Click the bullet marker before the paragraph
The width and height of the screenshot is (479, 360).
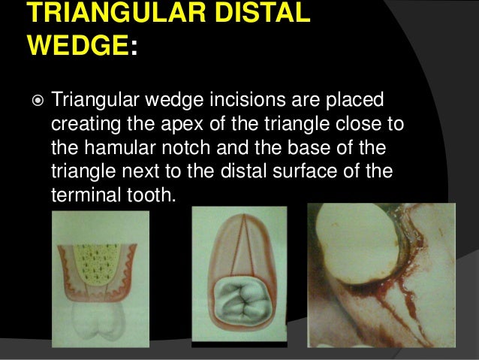(x=36, y=100)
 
